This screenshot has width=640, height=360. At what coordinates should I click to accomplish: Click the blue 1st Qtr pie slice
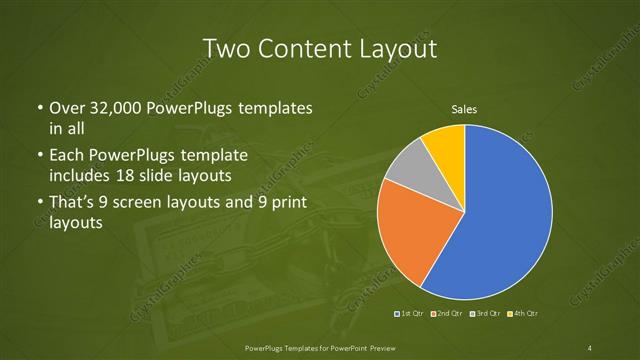505,215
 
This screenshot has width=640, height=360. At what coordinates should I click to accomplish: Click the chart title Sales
465,108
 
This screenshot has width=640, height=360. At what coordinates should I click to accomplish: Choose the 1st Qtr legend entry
410,313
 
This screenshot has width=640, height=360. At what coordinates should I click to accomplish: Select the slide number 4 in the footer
590,347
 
